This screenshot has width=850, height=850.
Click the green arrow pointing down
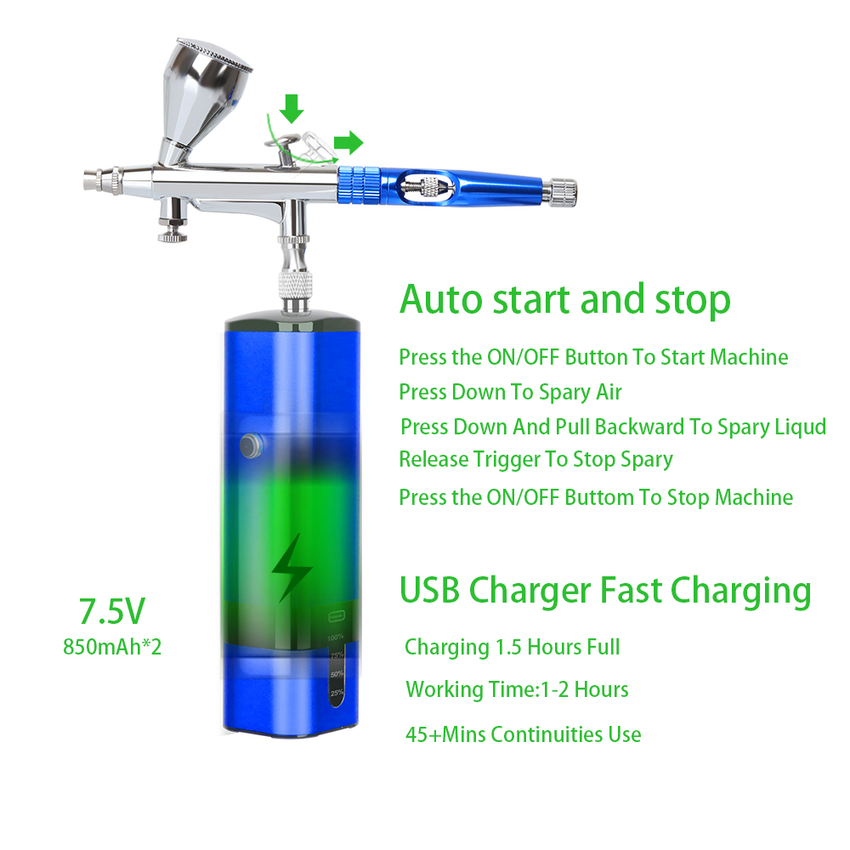coord(292,109)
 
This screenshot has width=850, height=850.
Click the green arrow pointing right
coord(348,143)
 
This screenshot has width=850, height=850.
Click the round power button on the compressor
coord(250,446)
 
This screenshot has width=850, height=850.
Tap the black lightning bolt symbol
coord(291,568)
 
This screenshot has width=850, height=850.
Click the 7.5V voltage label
coord(112,611)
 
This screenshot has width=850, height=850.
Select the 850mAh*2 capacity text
coord(112,647)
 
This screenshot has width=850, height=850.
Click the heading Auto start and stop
coord(565,299)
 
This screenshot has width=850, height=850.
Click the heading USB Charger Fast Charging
coord(605,591)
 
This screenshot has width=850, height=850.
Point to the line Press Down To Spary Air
coord(510,393)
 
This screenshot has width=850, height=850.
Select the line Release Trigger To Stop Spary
coord(535,460)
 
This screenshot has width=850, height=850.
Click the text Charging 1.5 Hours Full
coord(513,648)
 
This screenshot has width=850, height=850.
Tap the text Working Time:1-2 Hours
coord(517,690)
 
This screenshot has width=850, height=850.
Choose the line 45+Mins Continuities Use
coord(523,734)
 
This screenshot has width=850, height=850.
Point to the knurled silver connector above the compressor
coord(295,285)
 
